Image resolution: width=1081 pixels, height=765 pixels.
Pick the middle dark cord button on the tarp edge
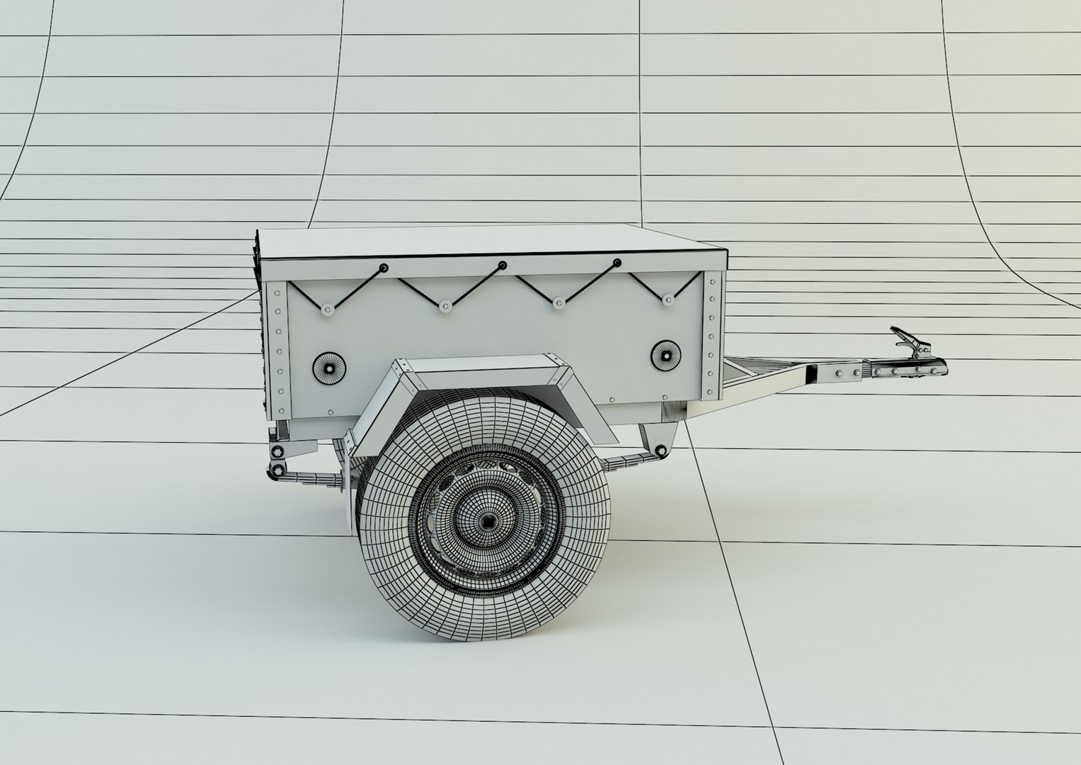click(502, 266)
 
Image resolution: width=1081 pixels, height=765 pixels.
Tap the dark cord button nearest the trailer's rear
click(383, 268)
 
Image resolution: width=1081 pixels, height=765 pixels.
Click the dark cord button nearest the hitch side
click(617, 263)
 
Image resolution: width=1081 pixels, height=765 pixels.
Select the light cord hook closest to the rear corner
click(327, 309)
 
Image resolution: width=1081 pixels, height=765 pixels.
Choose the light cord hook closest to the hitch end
click(668, 301)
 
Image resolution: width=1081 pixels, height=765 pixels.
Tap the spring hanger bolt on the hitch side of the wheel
click(660, 449)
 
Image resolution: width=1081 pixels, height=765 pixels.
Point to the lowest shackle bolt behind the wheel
click(271, 470)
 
